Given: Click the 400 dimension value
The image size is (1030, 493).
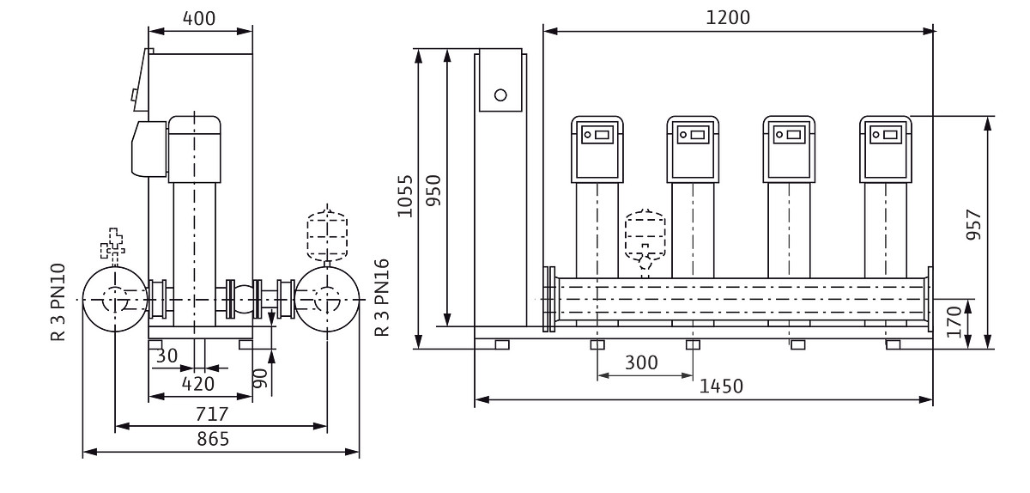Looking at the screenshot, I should pos(200,18).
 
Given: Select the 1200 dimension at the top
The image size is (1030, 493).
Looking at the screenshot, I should pos(729,18).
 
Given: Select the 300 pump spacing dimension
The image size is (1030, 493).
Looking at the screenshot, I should pos(642,362).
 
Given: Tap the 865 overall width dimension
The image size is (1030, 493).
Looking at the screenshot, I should pos(212,439).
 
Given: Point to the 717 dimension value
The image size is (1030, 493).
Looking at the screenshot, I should pos(212,413).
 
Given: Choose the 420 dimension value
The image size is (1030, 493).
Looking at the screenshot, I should pos(199,384).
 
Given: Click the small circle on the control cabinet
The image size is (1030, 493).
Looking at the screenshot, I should pos(500,94).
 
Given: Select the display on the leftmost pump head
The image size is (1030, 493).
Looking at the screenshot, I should pos(597,135).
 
